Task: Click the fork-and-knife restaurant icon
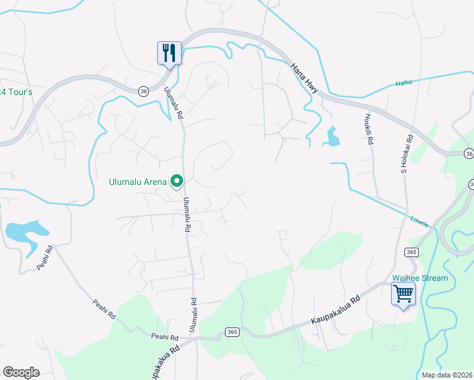tap(169, 51)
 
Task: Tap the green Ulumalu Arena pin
tap(177, 182)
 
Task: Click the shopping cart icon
tap(403, 294)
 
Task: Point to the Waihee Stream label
tap(420, 278)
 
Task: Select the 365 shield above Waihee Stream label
tap(411, 252)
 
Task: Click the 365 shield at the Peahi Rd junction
tap(231, 332)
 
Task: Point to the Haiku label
tap(404, 82)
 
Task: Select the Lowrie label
tap(419, 221)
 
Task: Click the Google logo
tap(21, 372)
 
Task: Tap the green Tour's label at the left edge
tap(15, 92)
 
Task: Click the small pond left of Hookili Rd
tap(331, 136)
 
